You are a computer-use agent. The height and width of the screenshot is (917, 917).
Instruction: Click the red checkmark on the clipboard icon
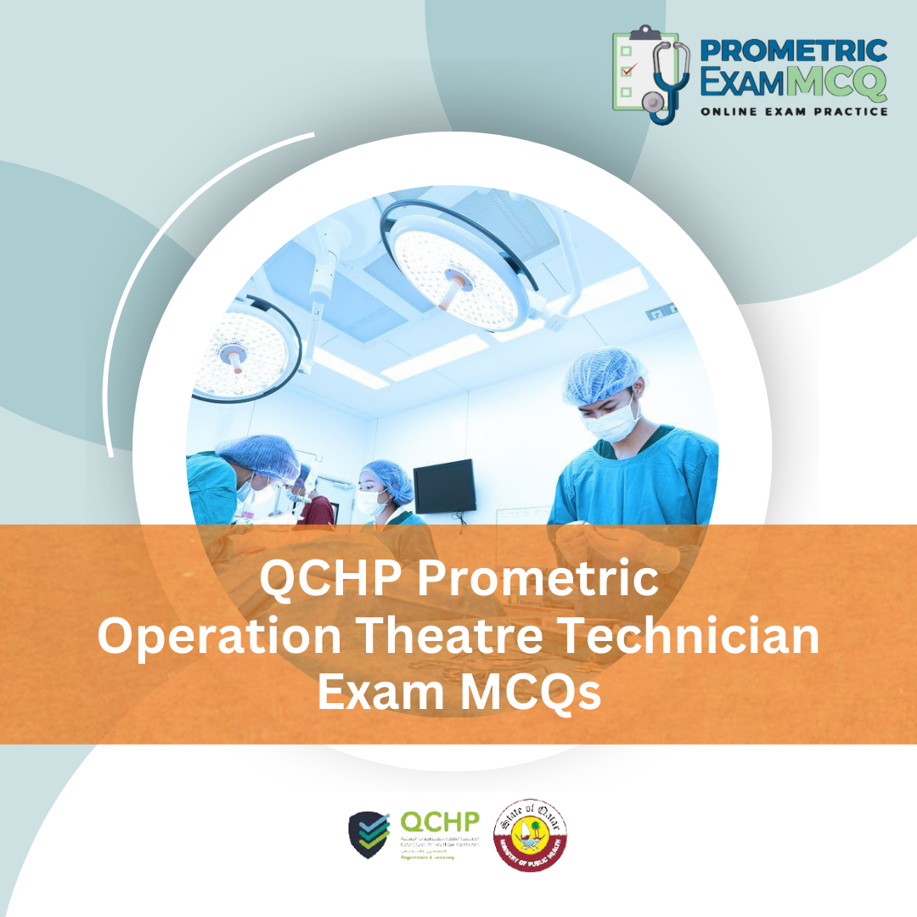point(628,69)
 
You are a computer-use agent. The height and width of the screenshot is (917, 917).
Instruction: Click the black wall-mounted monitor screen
point(444,486)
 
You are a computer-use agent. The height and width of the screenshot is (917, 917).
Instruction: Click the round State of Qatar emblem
point(531,834)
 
